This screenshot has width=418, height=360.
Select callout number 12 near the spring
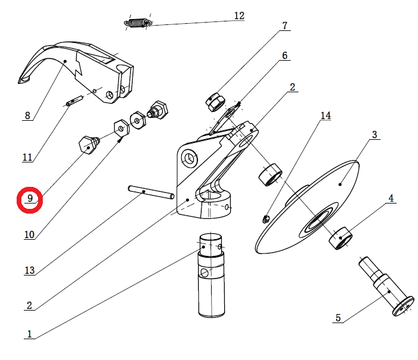238,16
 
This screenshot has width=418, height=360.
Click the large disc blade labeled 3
333,190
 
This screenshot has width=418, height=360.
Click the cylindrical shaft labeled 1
212,280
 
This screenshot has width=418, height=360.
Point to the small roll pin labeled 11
74,102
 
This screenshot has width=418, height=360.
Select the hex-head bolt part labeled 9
89,145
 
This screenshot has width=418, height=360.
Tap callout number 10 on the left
29,234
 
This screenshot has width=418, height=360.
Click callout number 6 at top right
285,55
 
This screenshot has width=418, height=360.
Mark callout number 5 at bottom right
338,318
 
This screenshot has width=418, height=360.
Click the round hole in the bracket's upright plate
190,158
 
